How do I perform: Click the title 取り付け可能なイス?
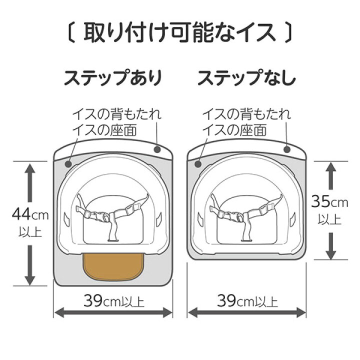pos(180,33)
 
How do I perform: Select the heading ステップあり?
pos(113,78)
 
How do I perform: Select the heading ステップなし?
pos(246,78)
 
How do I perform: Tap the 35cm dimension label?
pos(329,202)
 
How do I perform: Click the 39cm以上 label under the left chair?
pos(113,301)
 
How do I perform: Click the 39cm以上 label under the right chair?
pos(247,301)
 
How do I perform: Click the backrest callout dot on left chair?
pos(157,149)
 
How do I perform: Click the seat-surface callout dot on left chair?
pos(68,164)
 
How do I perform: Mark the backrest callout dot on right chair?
pos(287,149)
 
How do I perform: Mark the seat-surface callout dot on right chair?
pos(198,164)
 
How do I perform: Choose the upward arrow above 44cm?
pos(30,183)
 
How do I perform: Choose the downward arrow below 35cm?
pos(331,246)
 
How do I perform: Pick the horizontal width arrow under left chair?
pos(113,312)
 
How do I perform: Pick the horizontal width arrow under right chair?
pos(247,312)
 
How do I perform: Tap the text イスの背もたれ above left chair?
pos(117,114)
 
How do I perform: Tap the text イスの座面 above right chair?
pos(234,130)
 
